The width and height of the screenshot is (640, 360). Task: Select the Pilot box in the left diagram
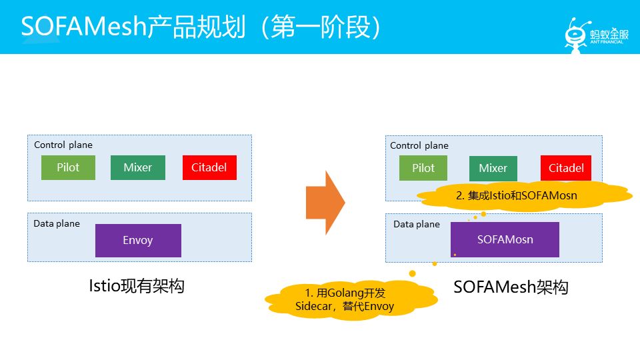[x=68, y=167]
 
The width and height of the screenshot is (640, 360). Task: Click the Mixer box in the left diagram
[x=137, y=167]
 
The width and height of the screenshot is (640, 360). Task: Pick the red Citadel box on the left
[x=209, y=167]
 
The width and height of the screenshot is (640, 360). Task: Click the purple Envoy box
[x=138, y=240]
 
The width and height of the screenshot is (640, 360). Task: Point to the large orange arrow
[x=325, y=203]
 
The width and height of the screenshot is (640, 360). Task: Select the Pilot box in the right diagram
[x=423, y=168]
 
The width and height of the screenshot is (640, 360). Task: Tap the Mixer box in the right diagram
[x=493, y=168]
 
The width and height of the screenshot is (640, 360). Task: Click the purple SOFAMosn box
[x=505, y=239]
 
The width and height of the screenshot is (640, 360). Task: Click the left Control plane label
[x=63, y=145]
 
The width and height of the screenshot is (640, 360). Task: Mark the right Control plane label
[x=419, y=145]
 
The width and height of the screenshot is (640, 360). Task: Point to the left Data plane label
[x=57, y=223]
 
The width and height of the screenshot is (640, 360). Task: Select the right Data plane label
[x=417, y=224]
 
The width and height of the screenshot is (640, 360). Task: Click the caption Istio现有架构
[x=136, y=286]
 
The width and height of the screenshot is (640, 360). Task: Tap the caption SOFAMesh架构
[x=511, y=287]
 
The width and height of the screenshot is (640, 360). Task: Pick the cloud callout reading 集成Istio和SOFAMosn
[x=517, y=196]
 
